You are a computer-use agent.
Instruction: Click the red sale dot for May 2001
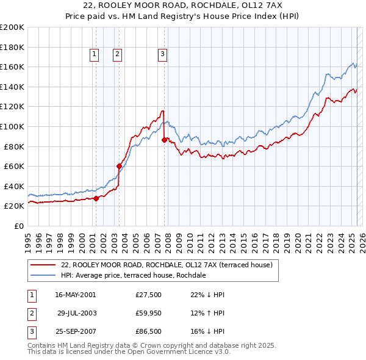[x=96, y=198]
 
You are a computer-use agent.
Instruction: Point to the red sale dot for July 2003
[x=120, y=165]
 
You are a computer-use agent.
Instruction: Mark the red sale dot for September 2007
[x=164, y=139]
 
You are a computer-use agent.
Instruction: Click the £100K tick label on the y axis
[x=12, y=126]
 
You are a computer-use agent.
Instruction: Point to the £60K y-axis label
[x=14, y=166]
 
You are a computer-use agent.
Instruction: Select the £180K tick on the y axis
[x=12, y=47]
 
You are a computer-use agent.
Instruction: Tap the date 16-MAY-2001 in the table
[x=75, y=295]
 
